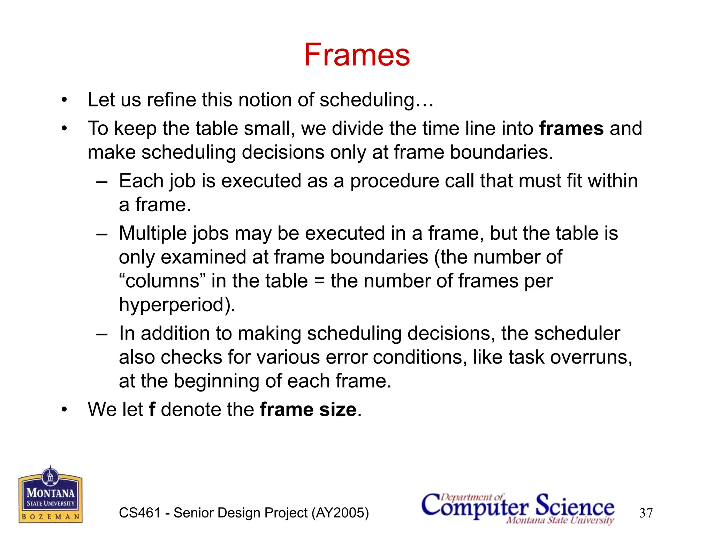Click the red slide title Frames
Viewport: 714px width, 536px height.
pos(357,55)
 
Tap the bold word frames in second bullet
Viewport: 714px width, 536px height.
pos(571,128)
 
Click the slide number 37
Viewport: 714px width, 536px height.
pos(646,513)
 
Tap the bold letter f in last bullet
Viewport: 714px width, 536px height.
pos(152,409)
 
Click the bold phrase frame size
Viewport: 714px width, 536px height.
pos(308,409)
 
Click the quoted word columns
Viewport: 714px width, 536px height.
pos(162,281)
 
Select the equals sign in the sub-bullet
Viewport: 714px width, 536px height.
pos(319,281)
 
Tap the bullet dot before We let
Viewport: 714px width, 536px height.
pos(64,410)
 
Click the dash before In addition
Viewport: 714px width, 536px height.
pos(102,334)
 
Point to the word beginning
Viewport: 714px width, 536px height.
pos(217,381)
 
